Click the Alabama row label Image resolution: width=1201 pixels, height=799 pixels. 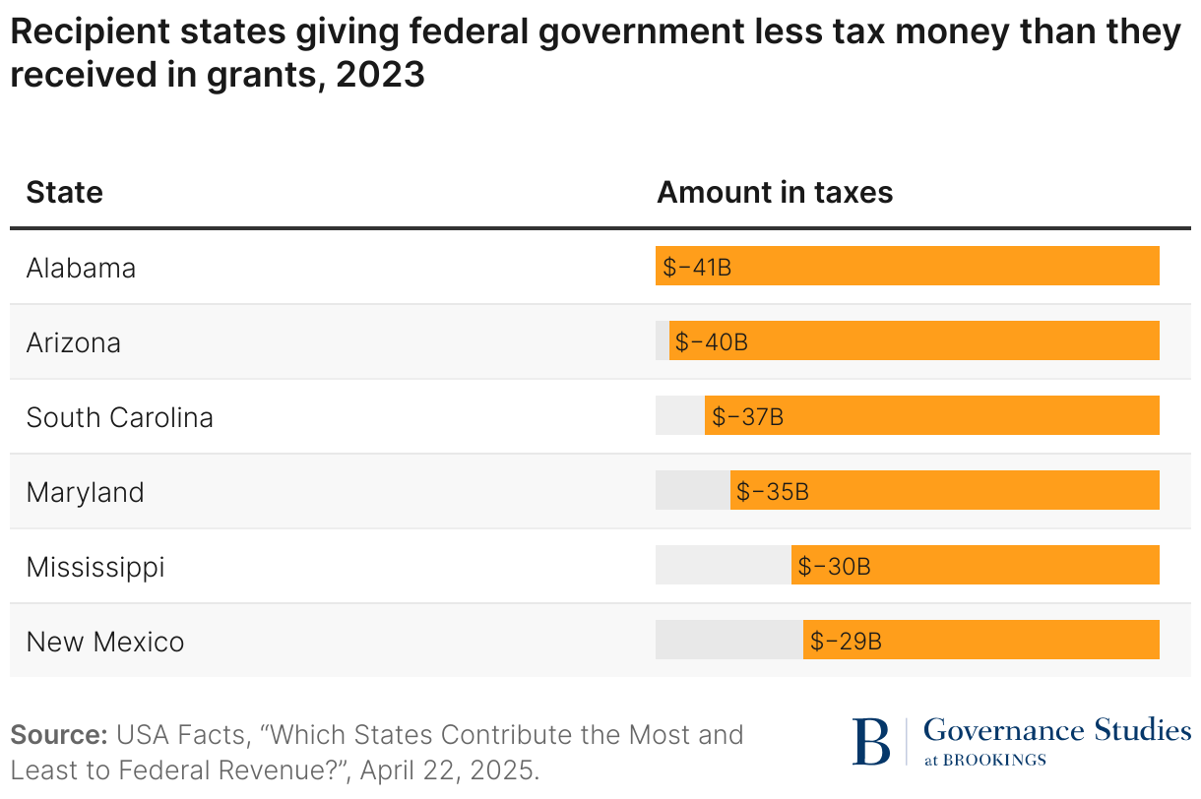click(x=81, y=268)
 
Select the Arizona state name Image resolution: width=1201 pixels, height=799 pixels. click(x=74, y=342)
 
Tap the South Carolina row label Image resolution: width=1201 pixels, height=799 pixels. click(x=119, y=417)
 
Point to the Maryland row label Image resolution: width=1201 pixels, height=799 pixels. click(x=85, y=492)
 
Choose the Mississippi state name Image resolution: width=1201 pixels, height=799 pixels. click(x=95, y=567)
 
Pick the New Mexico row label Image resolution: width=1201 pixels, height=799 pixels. click(x=105, y=642)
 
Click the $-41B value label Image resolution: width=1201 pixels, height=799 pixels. click(x=697, y=267)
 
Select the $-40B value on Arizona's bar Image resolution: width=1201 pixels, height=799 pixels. click(x=712, y=341)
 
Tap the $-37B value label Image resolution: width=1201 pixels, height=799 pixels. click(x=747, y=416)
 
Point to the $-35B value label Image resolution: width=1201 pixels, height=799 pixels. click(x=773, y=491)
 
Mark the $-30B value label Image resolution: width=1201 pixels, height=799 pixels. click(x=834, y=566)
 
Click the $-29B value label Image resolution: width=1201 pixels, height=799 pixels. click(x=846, y=641)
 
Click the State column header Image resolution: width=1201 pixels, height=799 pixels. click(x=65, y=192)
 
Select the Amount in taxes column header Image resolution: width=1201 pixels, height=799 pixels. click(x=775, y=192)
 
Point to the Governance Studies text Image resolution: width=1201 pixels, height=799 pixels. click(x=1057, y=730)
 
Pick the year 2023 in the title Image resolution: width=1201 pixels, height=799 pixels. click(x=380, y=75)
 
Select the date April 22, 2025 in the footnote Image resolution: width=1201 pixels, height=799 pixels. click(x=448, y=768)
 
